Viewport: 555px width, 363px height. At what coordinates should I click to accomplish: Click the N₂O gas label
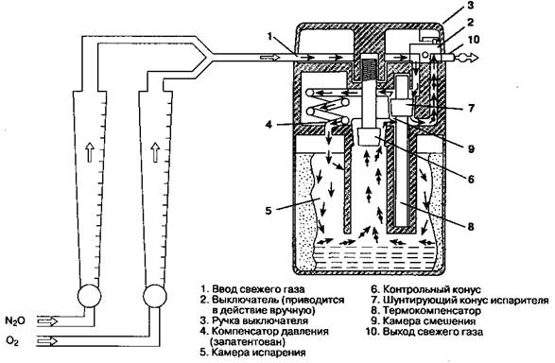click(14, 321)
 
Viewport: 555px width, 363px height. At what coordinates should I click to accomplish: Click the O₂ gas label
click(12, 341)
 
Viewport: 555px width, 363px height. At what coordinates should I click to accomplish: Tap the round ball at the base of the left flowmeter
click(89, 296)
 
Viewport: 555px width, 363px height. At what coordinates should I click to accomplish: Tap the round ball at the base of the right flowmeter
click(155, 296)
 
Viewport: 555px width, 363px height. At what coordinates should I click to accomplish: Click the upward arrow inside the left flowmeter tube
click(90, 152)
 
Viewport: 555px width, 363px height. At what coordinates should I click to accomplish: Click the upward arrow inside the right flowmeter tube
click(155, 152)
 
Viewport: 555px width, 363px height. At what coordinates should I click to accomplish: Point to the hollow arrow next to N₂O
click(47, 321)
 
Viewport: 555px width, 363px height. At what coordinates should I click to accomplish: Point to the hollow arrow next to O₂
click(47, 341)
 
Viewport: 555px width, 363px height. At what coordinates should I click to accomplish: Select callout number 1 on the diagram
click(269, 36)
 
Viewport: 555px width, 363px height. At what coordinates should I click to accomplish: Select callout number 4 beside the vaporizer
click(269, 125)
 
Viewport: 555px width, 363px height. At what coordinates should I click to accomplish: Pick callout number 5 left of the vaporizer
click(269, 211)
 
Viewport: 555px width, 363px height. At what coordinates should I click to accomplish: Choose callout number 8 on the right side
click(471, 226)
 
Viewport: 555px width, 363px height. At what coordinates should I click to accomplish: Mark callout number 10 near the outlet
click(473, 39)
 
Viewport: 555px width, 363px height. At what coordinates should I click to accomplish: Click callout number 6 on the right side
click(471, 180)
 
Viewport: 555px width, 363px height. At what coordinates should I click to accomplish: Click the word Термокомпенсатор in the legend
click(432, 311)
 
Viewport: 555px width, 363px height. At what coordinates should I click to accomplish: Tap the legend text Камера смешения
click(429, 321)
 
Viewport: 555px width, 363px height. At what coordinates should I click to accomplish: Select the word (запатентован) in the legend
click(248, 342)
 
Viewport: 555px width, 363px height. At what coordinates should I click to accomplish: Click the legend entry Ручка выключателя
click(260, 320)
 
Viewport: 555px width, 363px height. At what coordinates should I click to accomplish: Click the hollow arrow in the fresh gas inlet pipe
click(269, 58)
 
